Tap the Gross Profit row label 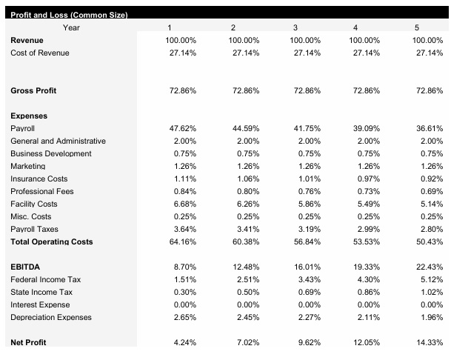(33, 90)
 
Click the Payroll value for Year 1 (182, 128)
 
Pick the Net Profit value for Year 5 (430, 343)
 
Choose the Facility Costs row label (34, 204)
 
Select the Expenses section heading (29, 116)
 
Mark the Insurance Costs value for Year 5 (431, 179)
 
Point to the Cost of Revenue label (40, 53)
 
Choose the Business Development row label (51, 153)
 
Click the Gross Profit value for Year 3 (307, 90)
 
